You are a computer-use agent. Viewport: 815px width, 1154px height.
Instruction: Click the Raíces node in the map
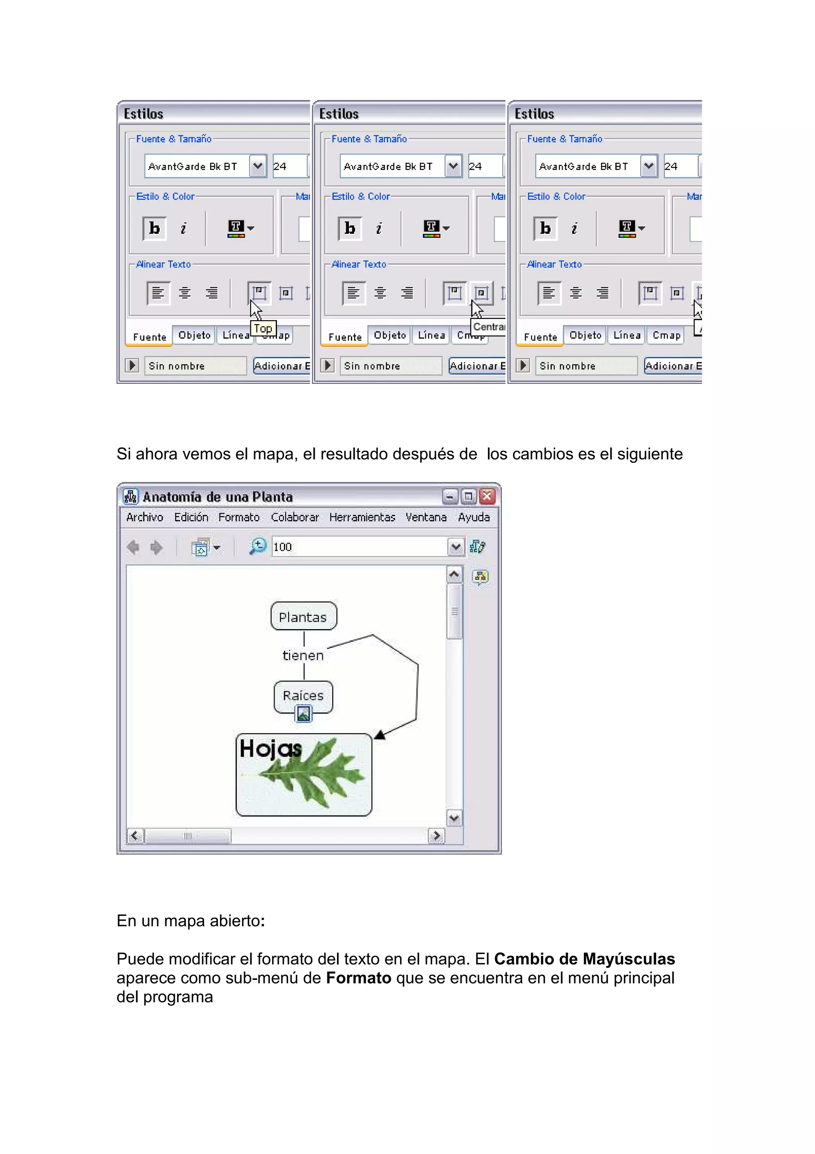click(x=303, y=696)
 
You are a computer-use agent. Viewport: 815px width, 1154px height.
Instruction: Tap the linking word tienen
click(x=303, y=655)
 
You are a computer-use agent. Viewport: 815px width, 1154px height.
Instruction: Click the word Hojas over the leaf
click(x=270, y=749)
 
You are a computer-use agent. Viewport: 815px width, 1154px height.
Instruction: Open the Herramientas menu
click(x=362, y=517)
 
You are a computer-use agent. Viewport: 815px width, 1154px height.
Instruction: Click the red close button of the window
click(x=487, y=497)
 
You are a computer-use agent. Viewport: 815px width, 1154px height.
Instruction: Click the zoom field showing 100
click(x=359, y=547)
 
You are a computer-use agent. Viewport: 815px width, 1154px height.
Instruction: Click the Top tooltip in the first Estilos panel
click(x=263, y=329)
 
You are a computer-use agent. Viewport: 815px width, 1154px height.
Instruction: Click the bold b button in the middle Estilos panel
click(x=350, y=228)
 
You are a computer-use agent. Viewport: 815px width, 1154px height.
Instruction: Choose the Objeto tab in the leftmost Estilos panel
click(x=194, y=335)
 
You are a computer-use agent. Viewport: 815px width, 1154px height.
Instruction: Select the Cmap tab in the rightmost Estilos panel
click(x=666, y=335)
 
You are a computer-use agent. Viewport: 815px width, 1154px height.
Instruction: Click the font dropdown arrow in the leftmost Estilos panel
click(x=257, y=166)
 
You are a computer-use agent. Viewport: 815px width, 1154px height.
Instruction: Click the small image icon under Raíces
click(x=303, y=714)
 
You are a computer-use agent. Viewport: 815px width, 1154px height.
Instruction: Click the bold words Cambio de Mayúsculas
click(x=584, y=959)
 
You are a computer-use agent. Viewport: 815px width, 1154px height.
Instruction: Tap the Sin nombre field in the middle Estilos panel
click(x=390, y=366)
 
